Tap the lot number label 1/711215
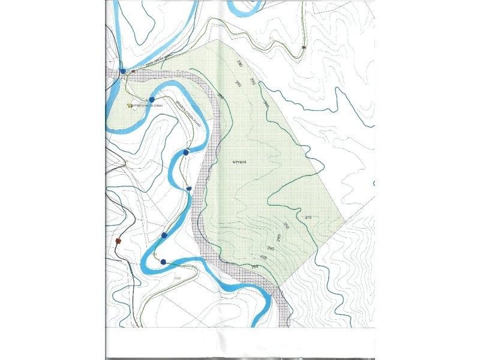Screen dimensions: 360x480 238,162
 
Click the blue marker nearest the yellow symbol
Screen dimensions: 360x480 152,99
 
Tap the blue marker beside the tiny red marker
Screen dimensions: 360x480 122,71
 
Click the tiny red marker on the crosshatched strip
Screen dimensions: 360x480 133,71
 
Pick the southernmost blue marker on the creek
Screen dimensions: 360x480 163,262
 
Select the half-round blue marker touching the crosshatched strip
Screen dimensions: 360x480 189,188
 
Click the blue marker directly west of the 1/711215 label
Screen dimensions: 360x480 186,152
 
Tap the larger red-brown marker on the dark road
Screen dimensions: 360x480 118,241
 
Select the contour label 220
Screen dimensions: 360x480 254,266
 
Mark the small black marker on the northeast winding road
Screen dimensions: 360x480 304,47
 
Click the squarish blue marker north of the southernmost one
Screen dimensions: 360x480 164,235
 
